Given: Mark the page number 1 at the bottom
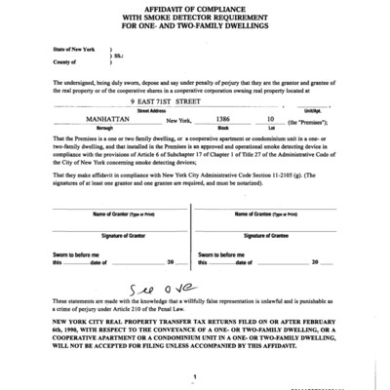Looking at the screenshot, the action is (195, 375).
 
